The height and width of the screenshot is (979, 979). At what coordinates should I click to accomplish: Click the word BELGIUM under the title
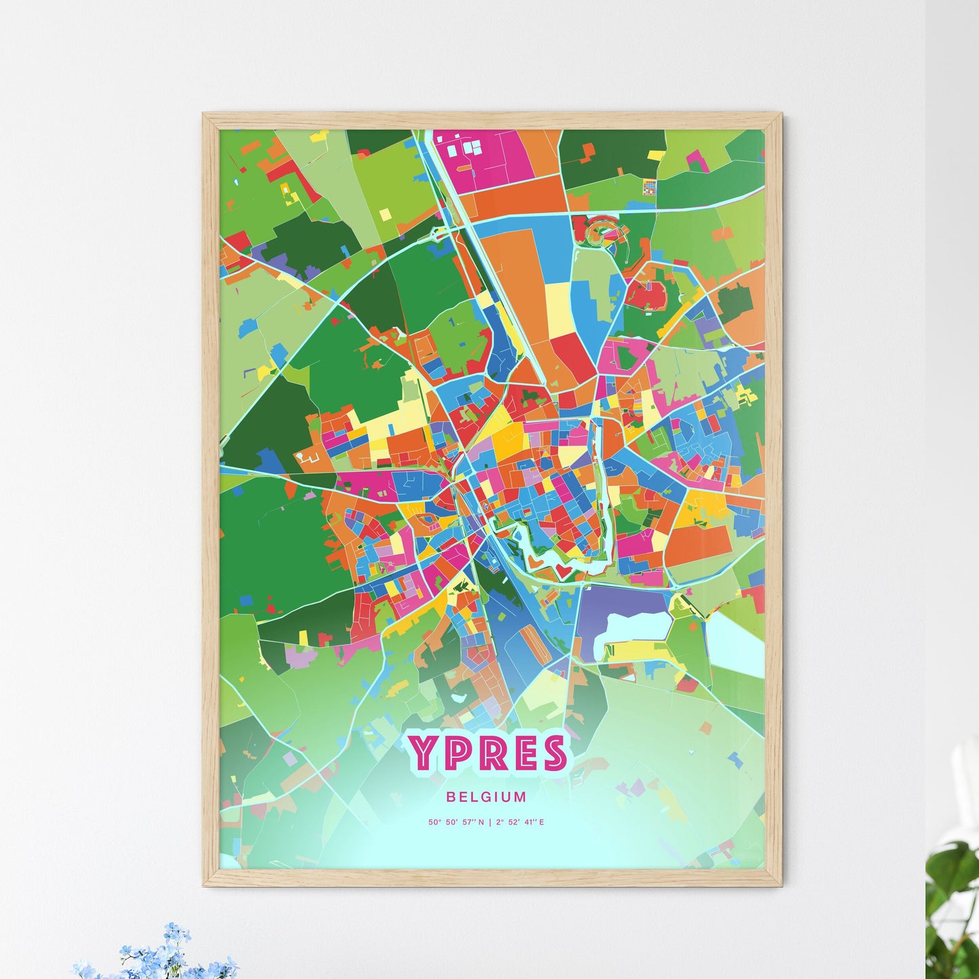pyautogui.click(x=486, y=797)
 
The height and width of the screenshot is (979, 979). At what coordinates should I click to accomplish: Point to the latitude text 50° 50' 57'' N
pyautogui.click(x=456, y=822)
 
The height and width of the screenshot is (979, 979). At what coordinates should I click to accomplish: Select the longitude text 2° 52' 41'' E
pyautogui.click(x=520, y=822)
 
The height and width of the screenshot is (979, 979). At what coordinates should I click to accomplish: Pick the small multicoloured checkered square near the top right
pyautogui.click(x=650, y=186)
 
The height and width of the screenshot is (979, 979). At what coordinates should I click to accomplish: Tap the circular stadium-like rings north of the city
pyautogui.click(x=602, y=230)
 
